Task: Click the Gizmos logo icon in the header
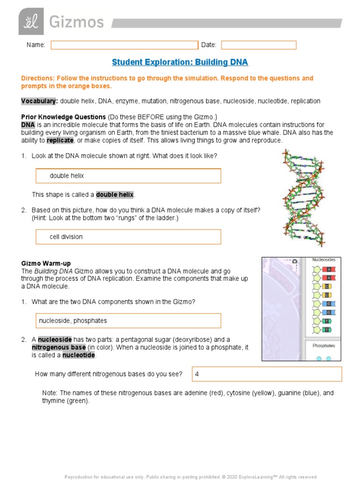[x=31, y=22]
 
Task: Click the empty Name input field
[x=124, y=45]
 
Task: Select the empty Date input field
[x=259, y=45]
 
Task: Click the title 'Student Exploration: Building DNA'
[x=180, y=62]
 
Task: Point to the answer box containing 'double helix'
[x=128, y=176]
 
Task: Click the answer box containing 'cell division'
[x=128, y=237]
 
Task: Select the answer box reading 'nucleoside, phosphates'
[x=128, y=321]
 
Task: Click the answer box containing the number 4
[x=267, y=374]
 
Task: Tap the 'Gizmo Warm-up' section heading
[x=46, y=264]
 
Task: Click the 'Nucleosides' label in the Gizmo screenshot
[x=323, y=260]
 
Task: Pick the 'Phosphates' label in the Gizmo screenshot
[x=323, y=345]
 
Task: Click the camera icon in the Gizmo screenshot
[x=294, y=261]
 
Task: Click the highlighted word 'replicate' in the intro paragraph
[x=60, y=140]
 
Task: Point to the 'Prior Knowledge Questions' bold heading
[x=63, y=117]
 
